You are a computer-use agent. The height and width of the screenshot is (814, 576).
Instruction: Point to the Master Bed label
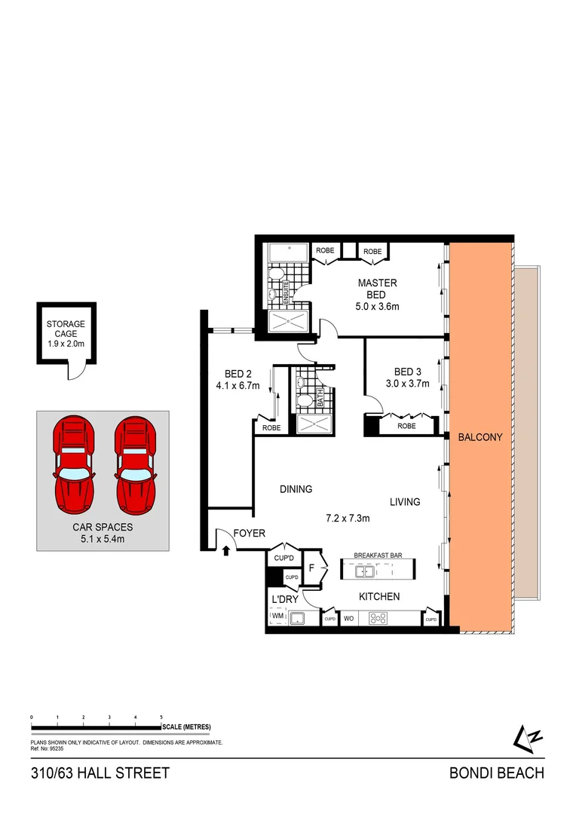(377, 289)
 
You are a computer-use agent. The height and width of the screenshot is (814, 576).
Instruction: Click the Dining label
(296, 489)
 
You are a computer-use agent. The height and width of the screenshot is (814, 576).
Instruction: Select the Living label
(405, 502)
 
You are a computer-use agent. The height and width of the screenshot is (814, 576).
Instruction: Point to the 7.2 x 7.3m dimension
(348, 519)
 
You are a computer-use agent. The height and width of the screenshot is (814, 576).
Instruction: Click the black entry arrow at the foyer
(226, 552)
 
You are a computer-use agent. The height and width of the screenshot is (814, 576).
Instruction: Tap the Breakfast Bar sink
(363, 572)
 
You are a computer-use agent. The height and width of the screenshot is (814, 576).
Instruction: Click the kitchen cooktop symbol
(377, 620)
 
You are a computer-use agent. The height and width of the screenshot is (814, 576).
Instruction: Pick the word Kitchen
(378, 597)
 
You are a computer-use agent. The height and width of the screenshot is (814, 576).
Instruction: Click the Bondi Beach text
(496, 773)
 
